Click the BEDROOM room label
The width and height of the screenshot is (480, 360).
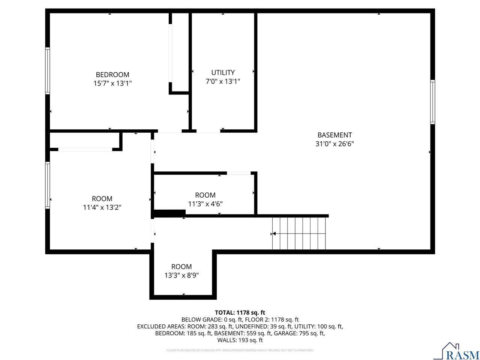click(x=112, y=75)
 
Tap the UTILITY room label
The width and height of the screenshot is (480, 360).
click(x=223, y=72)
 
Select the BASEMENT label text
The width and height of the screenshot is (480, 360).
click(x=334, y=135)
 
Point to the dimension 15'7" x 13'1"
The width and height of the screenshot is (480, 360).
click(x=112, y=83)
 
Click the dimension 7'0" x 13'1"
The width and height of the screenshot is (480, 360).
click(x=223, y=81)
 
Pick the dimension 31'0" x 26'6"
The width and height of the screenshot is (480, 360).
click(x=334, y=144)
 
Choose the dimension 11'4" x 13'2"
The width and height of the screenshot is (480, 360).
click(x=102, y=207)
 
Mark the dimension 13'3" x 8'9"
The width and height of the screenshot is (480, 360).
click(x=181, y=275)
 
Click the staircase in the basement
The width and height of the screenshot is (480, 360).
click(x=299, y=233)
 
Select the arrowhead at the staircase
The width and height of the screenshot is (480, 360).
click(x=274, y=234)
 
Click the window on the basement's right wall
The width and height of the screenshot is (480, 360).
click(x=432, y=102)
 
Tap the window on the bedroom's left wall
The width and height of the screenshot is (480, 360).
click(x=48, y=70)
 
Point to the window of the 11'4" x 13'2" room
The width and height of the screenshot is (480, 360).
click(x=48, y=184)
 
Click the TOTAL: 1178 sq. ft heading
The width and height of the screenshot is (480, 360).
click(x=240, y=312)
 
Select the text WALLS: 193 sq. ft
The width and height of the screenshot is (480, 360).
click(x=240, y=340)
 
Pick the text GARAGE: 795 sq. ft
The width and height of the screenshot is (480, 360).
click(x=300, y=333)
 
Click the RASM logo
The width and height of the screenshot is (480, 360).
click(x=456, y=351)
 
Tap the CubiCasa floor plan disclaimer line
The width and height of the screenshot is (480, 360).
click(x=240, y=350)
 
